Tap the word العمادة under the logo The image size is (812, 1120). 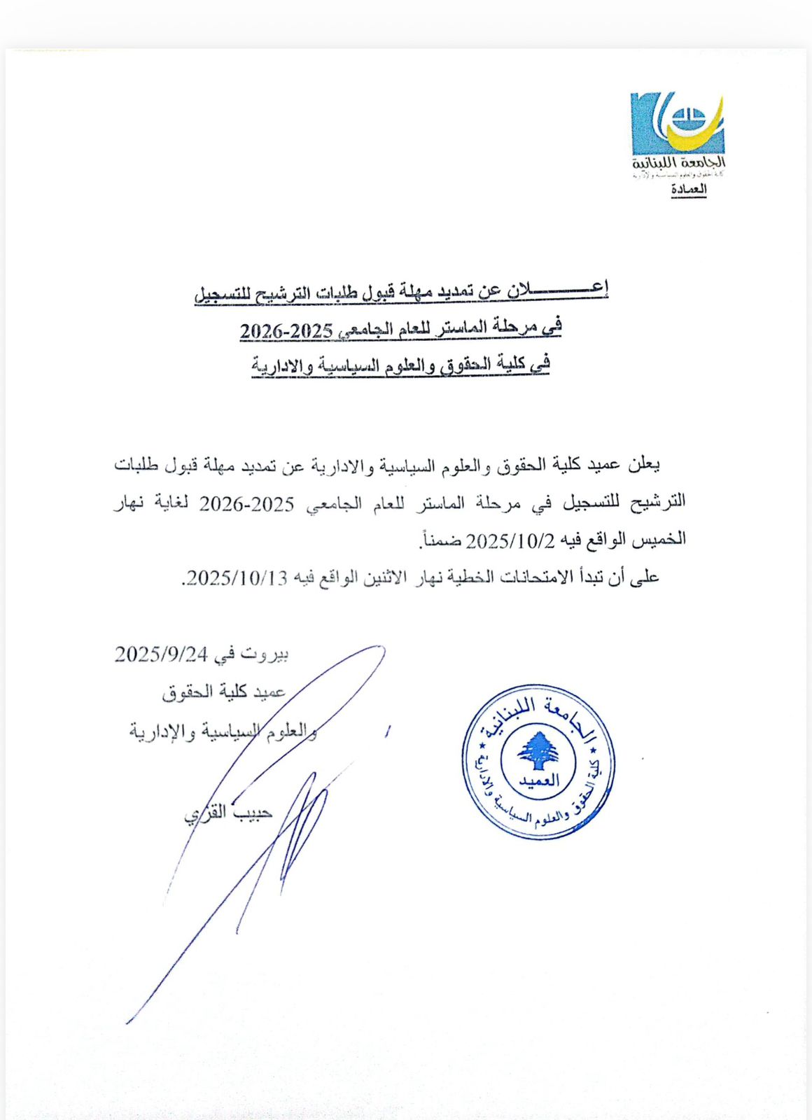point(689,190)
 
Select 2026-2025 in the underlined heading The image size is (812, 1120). point(286,330)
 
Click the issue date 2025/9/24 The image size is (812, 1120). point(162,654)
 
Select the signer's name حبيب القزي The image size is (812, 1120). point(227,813)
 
